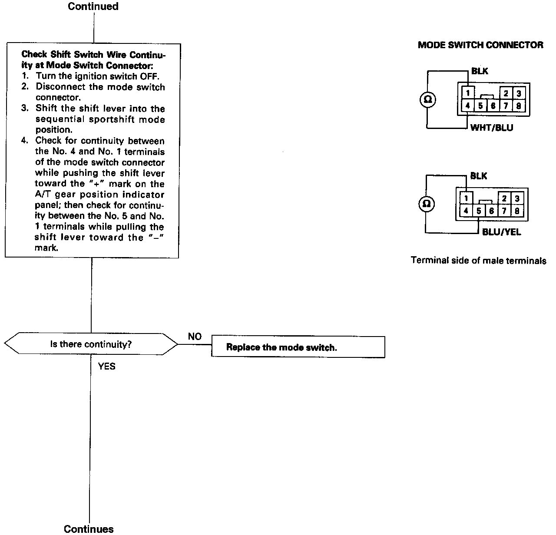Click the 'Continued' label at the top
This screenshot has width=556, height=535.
(x=93, y=7)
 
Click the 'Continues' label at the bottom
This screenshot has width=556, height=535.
(x=89, y=528)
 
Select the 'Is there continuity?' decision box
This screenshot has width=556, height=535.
(x=91, y=344)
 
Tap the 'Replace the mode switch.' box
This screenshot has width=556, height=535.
(x=298, y=347)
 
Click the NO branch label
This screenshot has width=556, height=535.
(x=195, y=337)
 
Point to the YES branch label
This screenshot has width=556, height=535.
(x=106, y=367)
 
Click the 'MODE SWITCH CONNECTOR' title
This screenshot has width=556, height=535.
(x=480, y=45)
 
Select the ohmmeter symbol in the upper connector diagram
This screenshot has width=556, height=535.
(x=427, y=100)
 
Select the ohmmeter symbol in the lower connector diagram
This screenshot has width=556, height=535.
(x=427, y=204)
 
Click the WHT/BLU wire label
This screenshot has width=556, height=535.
(x=491, y=128)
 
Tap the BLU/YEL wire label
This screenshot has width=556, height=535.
(x=501, y=232)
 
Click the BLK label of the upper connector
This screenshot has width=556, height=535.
(x=480, y=71)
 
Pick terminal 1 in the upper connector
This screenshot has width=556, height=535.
(x=467, y=93)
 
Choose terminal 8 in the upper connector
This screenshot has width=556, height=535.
(x=519, y=106)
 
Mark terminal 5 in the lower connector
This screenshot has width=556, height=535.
(x=478, y=211)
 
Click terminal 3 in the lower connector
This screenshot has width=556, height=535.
(x=517, y=198)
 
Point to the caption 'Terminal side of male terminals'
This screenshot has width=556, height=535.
(x=478, y=261)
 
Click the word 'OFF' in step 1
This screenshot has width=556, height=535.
(x=149, y=76)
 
